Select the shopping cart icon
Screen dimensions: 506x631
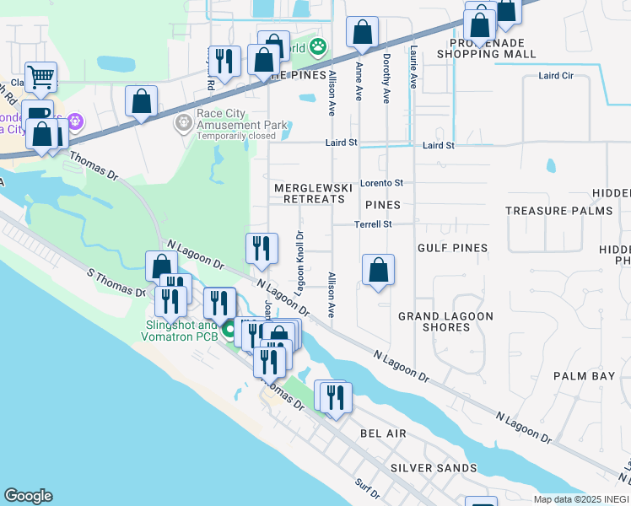(x=40, y=78)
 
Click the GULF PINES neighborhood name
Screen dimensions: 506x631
(x=452, y=248)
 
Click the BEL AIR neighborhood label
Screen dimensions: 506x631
(x=383, y=433)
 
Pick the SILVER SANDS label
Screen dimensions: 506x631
(x=434, y=467)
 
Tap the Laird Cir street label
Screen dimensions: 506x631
(x=555, y=76)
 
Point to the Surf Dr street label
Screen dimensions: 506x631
(x=369, y=487)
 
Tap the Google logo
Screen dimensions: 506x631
(x=28, y=496)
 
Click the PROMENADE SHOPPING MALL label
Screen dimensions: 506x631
(x=487, y=48)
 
